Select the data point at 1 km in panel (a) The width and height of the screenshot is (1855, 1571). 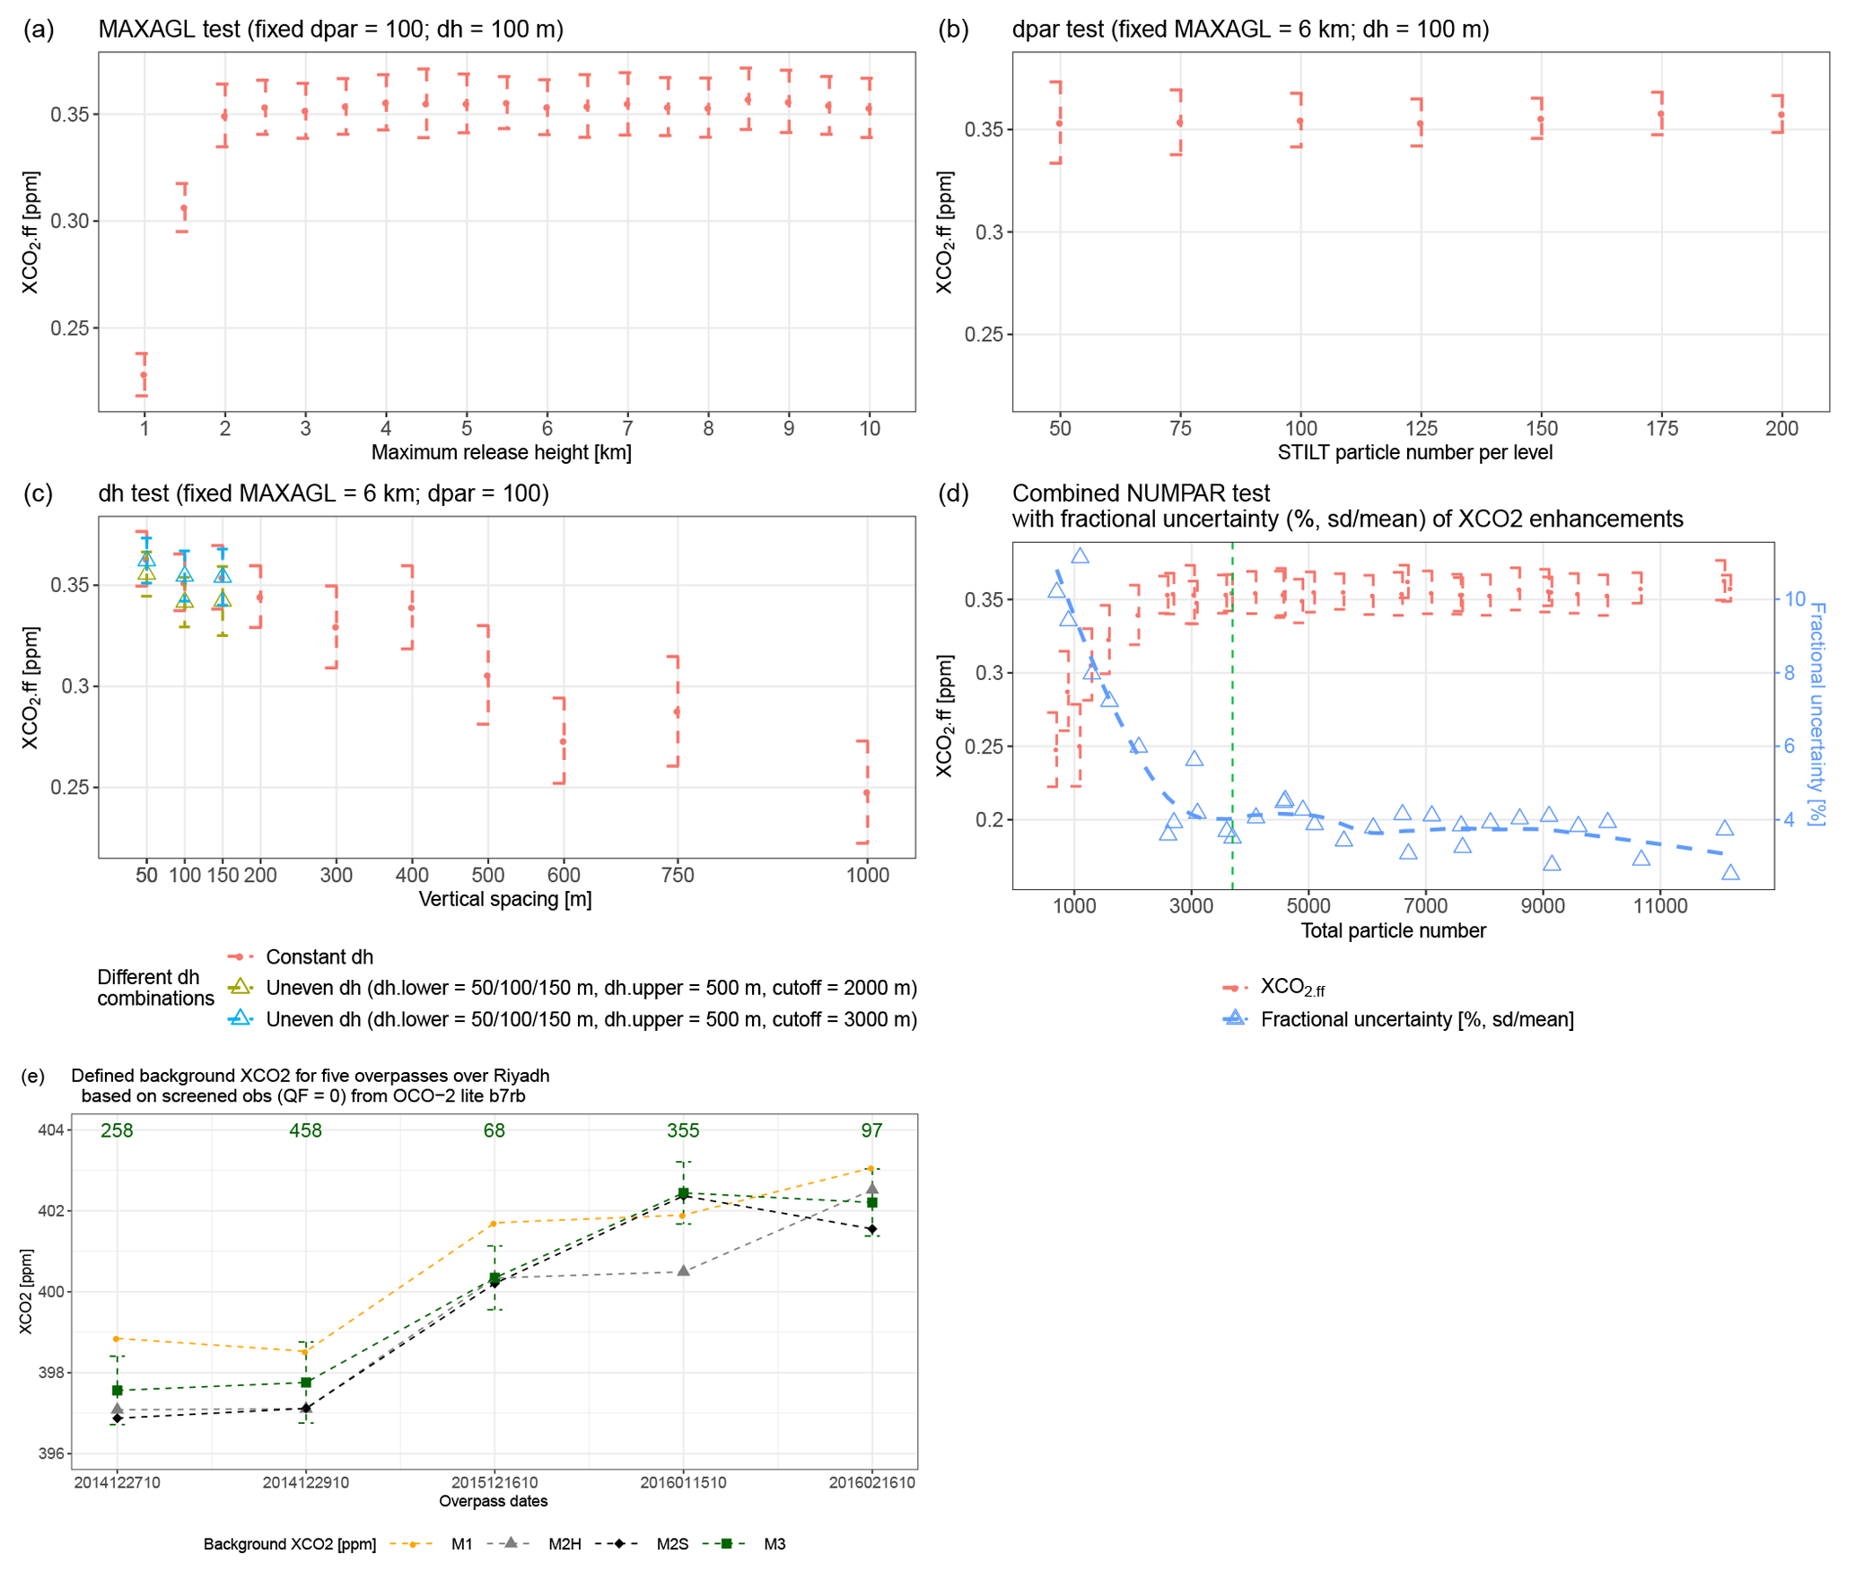pos(144,375)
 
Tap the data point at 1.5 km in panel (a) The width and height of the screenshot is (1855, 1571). pos(184,208)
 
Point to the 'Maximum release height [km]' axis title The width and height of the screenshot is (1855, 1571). pos(501,452)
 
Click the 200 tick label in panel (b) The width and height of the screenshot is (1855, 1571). pos(1781,429)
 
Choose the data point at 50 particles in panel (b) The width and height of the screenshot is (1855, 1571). pos(1060,124)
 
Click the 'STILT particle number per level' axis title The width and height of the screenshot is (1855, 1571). pos(1414,452)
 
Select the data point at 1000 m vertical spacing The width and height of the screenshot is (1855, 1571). pos(866,793)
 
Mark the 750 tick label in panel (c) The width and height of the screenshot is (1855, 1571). pos(678,876)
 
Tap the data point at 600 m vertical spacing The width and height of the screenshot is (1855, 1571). pos(563,742)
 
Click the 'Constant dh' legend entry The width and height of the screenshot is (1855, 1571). pos(319,957)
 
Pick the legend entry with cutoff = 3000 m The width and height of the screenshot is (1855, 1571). pos(591,1019)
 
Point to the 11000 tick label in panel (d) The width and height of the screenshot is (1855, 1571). pos(1659,906)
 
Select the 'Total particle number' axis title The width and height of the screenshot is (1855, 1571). pos(1393,930)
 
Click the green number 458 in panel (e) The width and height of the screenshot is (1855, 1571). pos(305,1130)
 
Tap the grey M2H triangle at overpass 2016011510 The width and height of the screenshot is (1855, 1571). pos(684,1270)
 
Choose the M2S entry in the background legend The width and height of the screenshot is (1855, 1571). pos(671,1544)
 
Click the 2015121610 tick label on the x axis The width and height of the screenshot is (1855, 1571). pos(494,1482)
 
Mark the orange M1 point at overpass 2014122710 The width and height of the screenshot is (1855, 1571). pos(117,1339)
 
